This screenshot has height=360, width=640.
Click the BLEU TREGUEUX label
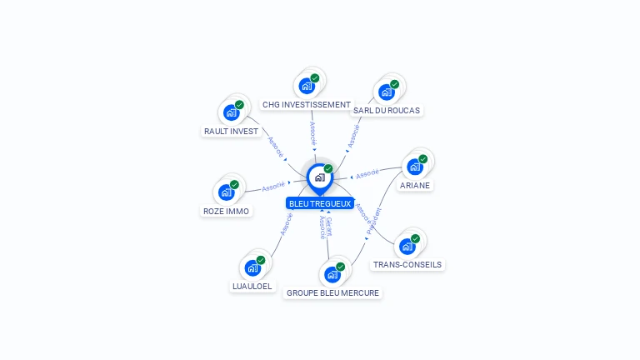tap(320, 202)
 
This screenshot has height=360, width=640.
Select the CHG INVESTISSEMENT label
tap(306, 105)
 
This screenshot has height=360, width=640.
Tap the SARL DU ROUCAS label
tap(387, 110)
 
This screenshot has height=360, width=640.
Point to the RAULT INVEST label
tap(231, 131)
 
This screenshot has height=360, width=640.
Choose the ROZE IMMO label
tap(226, 211)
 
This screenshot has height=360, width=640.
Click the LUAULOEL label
tap(252, 286)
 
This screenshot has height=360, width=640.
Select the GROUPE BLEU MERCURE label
tap(332, 292)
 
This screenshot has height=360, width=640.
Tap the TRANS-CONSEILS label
tap(407, 264)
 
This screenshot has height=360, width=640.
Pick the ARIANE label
tap(415, 185)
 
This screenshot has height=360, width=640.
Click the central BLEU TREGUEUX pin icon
tap(319, 177)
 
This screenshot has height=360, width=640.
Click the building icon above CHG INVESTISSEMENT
tap(307, 86)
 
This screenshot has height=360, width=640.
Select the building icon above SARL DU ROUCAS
tap(387, 92)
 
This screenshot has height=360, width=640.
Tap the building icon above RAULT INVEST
tap(231, 112)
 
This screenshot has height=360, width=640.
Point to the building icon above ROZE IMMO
tap(226, 192)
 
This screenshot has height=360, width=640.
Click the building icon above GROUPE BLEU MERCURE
tap(332, 274)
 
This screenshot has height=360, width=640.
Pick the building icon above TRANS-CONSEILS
tap(407, 246)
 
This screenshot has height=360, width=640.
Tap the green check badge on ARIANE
tap(422, 159)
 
